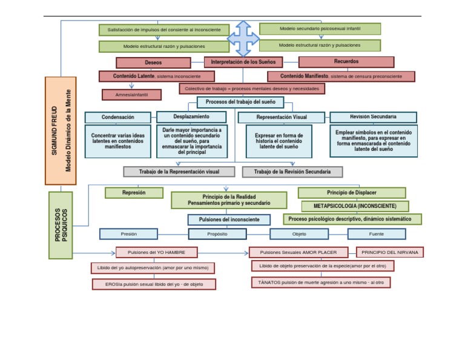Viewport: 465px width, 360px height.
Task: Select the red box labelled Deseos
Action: click(x=153, y=62)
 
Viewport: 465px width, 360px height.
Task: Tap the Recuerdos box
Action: click(x=346, y=62)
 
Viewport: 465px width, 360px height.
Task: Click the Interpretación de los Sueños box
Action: click(x=243, y=62)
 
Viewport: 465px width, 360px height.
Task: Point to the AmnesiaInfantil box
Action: click(x=131, y=95)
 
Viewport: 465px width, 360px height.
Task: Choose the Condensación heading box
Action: click(x=118, y=117)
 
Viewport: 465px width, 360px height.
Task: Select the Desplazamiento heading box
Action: click(x=192, y=116)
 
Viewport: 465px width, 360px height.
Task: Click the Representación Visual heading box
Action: click(x=282, y=117)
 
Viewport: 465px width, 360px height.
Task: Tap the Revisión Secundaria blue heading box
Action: click(x=373, y=116)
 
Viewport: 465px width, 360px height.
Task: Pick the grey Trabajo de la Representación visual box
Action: click(x=179, y=172)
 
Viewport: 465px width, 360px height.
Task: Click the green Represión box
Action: click(x=134, y=193)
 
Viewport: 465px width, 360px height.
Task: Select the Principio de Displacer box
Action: click(x=351, y=193)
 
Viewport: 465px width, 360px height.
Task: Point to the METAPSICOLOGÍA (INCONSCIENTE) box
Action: click(x=354, y=206)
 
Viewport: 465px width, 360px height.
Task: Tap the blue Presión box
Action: click(x=128, y=233)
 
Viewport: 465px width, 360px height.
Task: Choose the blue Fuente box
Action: click(x=377, y=233)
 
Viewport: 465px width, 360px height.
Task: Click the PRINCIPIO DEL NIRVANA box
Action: click(x=390, y=252)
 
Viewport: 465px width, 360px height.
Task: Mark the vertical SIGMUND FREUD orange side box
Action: click(x=61, y=130)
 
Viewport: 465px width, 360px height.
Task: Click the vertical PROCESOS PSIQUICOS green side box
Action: click(x=61, y=225)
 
